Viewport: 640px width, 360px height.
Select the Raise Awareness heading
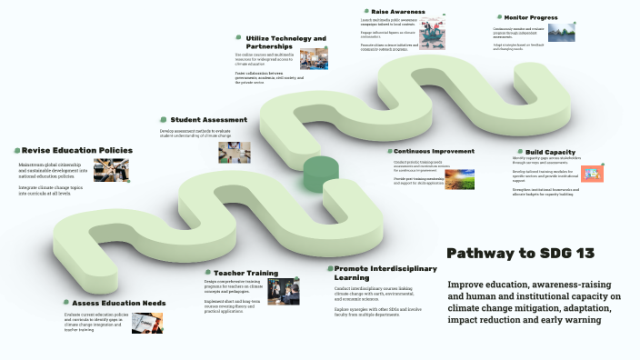[398, 11]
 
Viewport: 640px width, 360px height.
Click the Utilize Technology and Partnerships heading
[285, 43]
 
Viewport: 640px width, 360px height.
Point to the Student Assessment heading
[208, 119]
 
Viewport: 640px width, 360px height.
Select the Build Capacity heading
[550, 152]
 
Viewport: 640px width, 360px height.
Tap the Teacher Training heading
[245, 272]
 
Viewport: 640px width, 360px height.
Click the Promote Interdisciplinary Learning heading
[385, 273]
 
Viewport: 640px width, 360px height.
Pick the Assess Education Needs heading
[118, 302]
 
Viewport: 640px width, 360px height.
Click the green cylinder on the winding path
[320, 173]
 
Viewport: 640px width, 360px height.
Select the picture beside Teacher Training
[284, 290]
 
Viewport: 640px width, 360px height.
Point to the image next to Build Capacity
[593, 173]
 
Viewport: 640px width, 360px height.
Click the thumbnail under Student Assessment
[228, 152]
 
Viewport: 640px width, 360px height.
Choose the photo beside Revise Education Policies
[111, 171]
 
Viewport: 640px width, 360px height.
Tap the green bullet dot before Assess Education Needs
[65, 303]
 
